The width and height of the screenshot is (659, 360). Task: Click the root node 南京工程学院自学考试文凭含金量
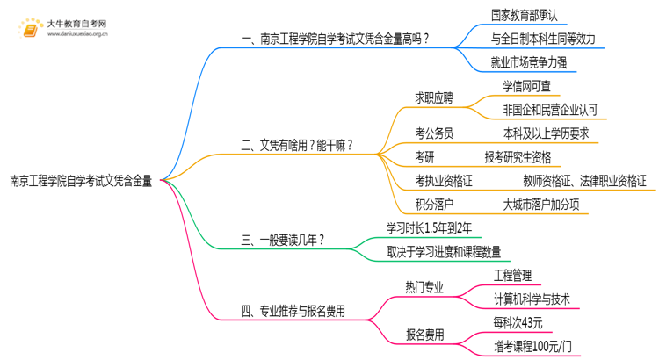[x=80, y=182]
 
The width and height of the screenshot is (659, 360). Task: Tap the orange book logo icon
[x=29, y=30]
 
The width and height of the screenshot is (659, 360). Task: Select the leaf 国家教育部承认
[x=525, y=15]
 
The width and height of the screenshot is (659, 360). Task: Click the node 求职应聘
[x=434, y=98]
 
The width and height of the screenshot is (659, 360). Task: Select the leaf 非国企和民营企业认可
[x=550, y=110]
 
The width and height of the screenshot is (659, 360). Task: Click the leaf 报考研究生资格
[x=518, y=157]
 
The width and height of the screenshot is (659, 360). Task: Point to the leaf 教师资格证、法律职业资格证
[x=584, y=181]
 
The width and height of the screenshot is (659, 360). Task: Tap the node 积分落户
[x=434, y=205]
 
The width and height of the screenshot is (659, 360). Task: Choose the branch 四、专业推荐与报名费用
[x=293, y=310]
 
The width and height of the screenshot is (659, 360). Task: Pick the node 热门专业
[x=424, y=287]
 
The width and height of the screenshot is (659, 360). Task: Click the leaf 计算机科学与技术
[x=532, y=299]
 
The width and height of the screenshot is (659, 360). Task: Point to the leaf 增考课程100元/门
[x=535, y=346]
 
